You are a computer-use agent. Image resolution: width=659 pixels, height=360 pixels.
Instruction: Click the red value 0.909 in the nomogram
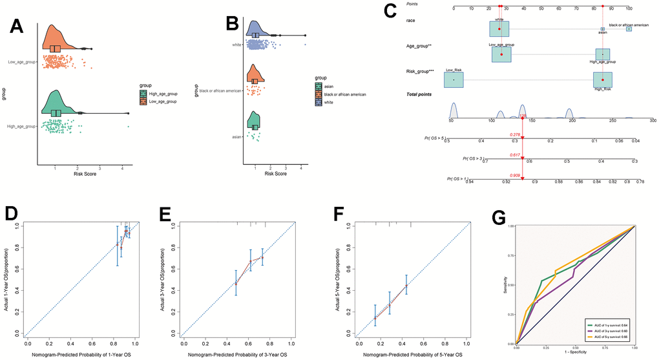(x=515, y=173)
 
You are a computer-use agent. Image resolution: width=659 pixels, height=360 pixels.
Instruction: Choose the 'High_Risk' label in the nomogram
(x=602, y=90)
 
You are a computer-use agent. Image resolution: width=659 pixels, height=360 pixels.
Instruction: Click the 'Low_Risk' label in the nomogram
(x=453, y=70)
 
